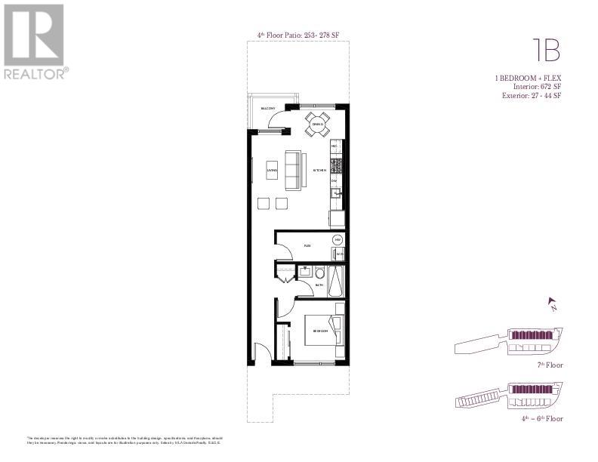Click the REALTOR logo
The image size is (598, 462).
pyautogui.click(x=36, y=41)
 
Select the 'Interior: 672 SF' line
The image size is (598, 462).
pyautogui.click(x=534, y=88)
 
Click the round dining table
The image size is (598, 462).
pyautogui.click(x=317, y=124)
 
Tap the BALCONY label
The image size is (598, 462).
pyautogui.click(x=267, y=109)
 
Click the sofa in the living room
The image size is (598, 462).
pyautogui.click(x=293, y=170)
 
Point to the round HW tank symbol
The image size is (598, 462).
pyautogui.click(x=338, y=239)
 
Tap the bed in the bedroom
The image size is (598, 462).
pyautogui.click(x=323, y=331)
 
